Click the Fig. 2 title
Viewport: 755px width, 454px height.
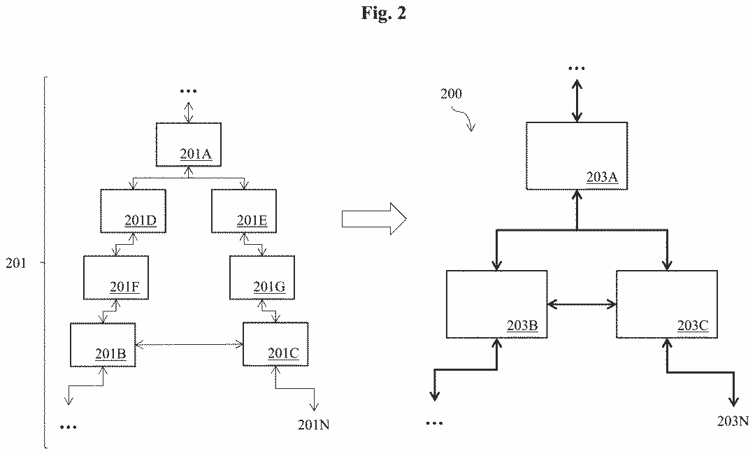pyautogui.click(x=384, y=14)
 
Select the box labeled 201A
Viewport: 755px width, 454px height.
pyautogui.click(x=188, y=144)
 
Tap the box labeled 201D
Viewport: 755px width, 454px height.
pyautogui.click(x=133, y=211)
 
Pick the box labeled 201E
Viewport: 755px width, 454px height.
pyautogui.click(x=244, y=211)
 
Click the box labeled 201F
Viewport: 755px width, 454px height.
pyautogui.click(x=116, y=277)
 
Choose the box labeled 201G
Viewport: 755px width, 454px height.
pyautogui.click(x=262, y=277)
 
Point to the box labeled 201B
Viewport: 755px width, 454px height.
pyautogui.click(x=102, y=344)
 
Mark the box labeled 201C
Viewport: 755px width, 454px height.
pyautogui.click(x=275, y=344)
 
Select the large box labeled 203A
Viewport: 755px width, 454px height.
pyautogui.click(x=577, y=155)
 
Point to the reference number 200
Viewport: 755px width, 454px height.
pyautogui.click(x=451, y=94)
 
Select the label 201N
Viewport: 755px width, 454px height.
pyautogui.click(x=313, y=423)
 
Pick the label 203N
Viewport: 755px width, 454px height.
pyautogui.click(x=733, y=420)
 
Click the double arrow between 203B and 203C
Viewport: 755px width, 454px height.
pyautogui.click(x=582, y=304)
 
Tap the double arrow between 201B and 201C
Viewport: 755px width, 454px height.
pyautogui.click(x=189, y=343)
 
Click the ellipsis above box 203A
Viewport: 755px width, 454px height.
pyautogui.click(x=577, y=69)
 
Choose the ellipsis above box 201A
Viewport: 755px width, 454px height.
pyautogui.click(x=188, y=91)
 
